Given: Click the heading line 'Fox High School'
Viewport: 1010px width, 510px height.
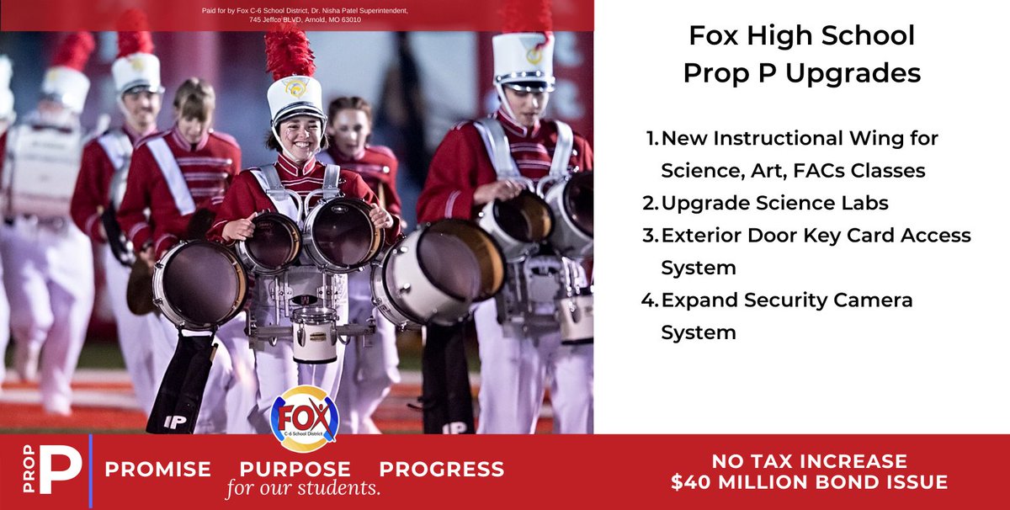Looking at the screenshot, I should (801, 36).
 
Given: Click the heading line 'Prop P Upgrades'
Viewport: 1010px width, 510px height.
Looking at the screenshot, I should (801, 73).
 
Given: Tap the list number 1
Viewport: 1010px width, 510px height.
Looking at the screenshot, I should (651, 138).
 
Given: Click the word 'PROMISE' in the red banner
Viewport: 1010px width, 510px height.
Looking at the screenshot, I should (158, 469).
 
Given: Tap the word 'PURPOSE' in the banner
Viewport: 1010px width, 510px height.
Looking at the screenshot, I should (295, 469).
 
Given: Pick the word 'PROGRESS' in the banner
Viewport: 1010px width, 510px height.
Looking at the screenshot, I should (442, 469).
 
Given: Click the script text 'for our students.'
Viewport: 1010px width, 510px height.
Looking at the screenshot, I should (303, 489).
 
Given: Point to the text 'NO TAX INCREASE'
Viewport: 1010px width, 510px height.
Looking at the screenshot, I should (809, 461).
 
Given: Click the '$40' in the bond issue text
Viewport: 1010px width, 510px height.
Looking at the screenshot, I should (688, 482).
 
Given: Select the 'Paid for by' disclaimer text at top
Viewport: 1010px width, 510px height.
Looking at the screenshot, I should (306, 15).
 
